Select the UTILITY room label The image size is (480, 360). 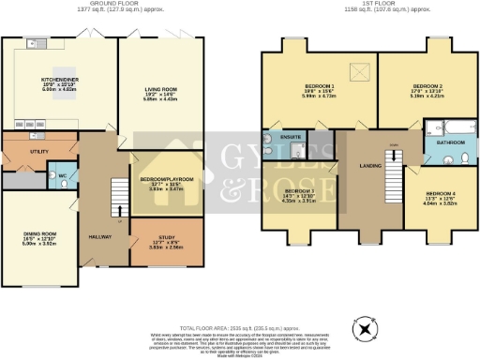click(38, 150)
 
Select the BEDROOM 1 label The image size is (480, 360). click(319, 86)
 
